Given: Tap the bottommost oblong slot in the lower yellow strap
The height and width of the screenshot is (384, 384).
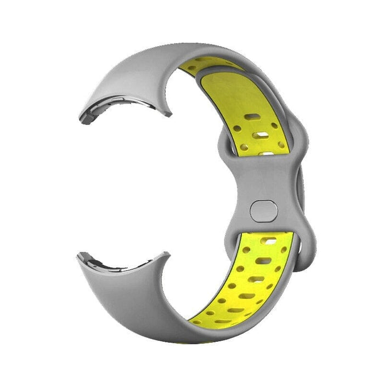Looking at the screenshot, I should pos(222,321).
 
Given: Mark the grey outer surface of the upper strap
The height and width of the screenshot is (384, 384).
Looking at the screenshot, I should pos(132,71).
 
